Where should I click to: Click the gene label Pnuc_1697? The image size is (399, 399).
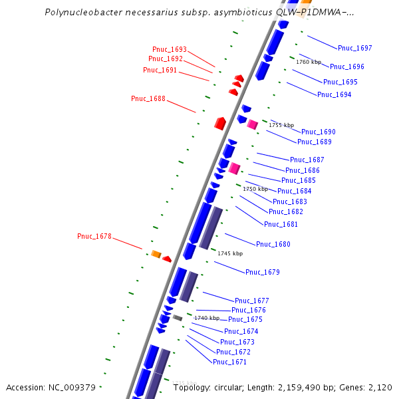tap(355, 48)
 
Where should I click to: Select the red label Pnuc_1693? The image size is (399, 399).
tap(170, 49)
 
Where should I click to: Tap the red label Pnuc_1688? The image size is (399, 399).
tap(148, 98)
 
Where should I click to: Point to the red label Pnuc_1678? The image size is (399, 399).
tap(94, 236)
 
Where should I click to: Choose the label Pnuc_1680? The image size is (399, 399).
tap(273, 244)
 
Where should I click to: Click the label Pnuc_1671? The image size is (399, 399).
tap(229, 362)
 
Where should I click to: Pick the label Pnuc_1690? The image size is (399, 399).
tap(319, 132)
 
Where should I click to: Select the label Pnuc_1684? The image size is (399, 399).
tap(295, 191)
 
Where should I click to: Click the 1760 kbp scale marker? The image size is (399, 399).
tap(309, 62)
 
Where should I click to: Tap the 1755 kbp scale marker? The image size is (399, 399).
tap(281, 124)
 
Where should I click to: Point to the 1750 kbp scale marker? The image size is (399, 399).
tap(255, 189)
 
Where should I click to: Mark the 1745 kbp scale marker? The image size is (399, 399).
tap(230, 253)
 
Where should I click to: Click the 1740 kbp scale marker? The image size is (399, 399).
tap(207, 318)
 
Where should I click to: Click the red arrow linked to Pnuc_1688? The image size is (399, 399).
tap(220, 123)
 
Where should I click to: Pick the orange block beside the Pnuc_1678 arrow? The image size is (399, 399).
tap(156, 253)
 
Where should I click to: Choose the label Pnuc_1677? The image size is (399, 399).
tap(252, 301)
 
